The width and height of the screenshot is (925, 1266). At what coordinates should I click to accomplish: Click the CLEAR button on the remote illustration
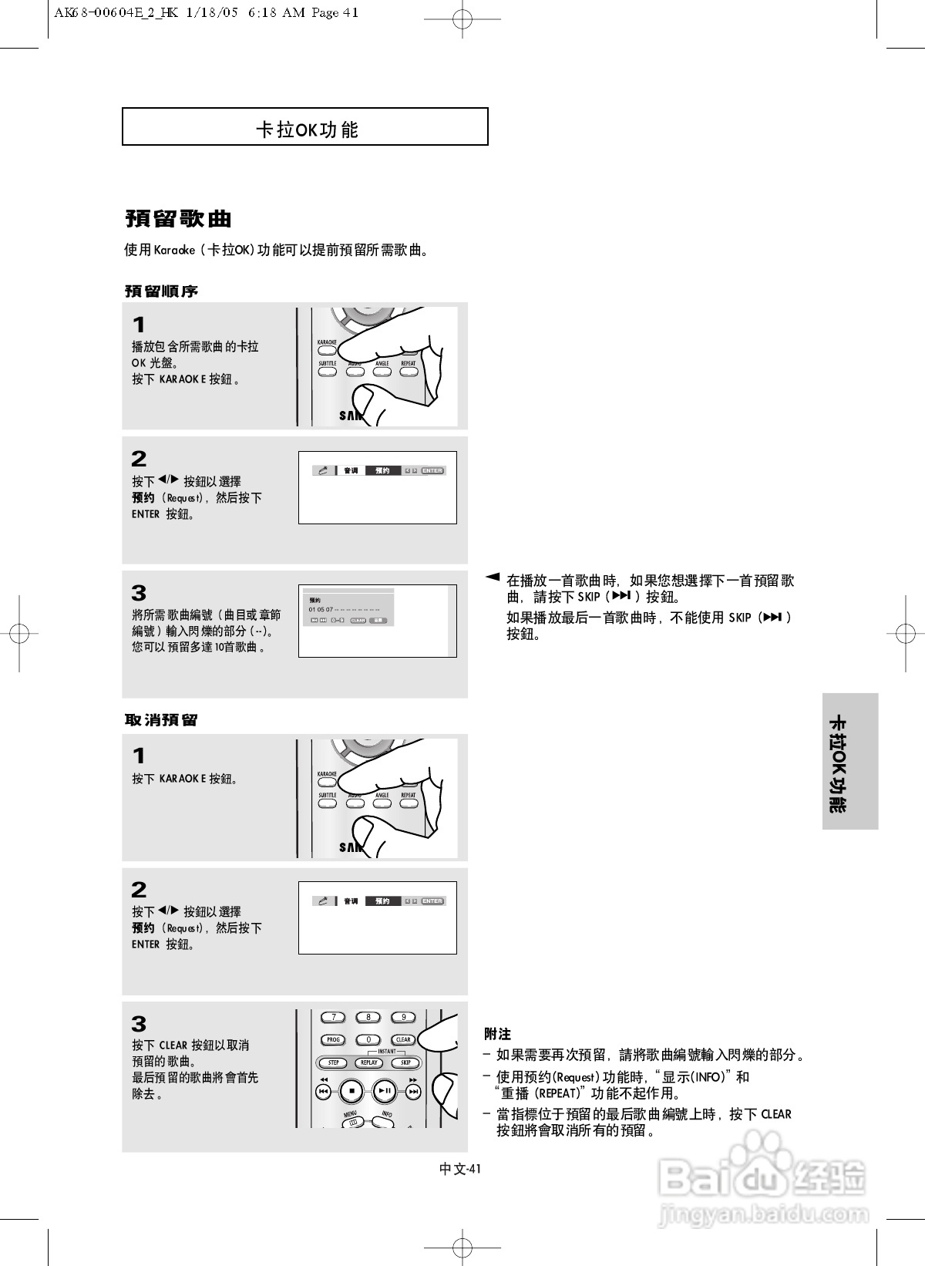click(x=403, y=1039)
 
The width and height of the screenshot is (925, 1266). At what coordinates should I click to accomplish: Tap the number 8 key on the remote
click(x=368, y=1017)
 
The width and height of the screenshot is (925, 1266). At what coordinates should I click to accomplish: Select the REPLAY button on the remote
click(x=369, y=1062)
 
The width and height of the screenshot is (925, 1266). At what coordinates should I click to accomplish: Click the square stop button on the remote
click(x=351, y=1091)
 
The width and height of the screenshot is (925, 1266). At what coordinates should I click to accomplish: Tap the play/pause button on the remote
click(x=385, y=1091)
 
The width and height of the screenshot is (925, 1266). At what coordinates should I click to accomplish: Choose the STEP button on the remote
click(x=334, y=1062)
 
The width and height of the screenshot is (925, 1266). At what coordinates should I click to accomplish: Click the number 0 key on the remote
click(x=368, y=1039)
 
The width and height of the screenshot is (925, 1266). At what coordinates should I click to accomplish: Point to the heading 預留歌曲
click(x=178, y=219)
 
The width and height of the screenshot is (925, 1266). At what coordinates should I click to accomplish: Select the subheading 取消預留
click(x=162, y=720)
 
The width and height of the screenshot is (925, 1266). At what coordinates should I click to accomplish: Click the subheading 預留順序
click(x=162, y=291)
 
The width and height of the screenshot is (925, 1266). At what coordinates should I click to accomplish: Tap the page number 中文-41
click(x=460, y=1169)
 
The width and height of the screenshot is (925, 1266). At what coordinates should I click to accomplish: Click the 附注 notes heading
click(x=497, y=1034)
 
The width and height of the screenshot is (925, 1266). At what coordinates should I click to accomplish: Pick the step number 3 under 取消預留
click(x=139, y=1024)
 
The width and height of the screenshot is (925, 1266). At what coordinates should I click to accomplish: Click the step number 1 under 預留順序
click(x=139, y=325)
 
